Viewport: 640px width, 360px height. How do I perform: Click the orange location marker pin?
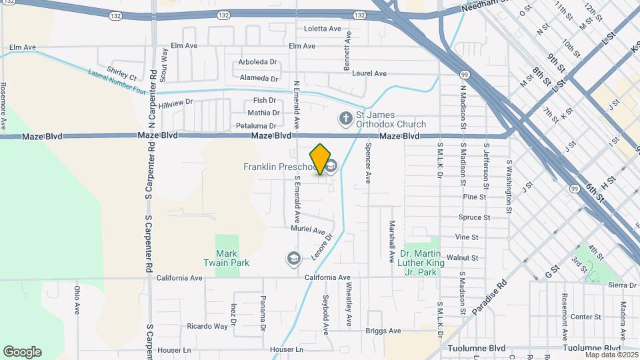coord(321,159)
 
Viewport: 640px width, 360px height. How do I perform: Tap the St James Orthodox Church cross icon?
coord(345,119)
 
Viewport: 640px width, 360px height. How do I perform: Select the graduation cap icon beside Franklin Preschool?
coord(331,165)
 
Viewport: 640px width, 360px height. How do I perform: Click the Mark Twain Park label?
coord(232,258)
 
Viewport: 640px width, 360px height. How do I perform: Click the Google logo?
coord(22,351)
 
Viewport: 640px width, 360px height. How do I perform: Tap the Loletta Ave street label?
coord(323,29)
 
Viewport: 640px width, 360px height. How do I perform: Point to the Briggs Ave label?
coord(383,331)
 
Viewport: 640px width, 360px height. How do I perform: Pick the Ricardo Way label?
coord(207,327)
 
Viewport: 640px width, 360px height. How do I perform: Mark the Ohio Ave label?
coord(77,301)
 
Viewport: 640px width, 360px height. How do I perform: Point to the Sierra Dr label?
coord(623,285)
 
